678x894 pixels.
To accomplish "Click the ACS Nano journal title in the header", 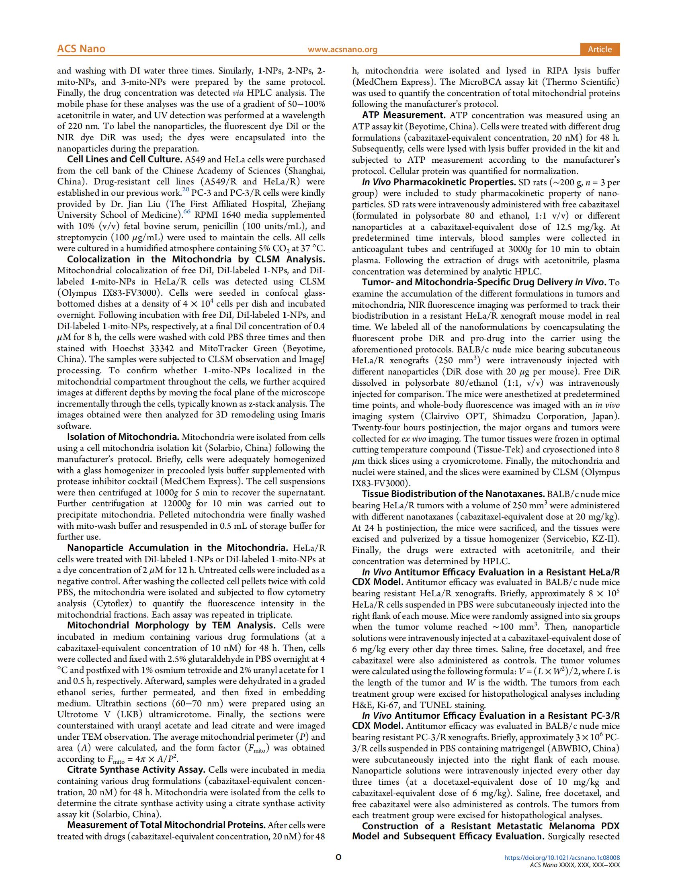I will pyautogui.click(x=81, y=49).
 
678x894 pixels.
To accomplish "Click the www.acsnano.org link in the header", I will pyautogui.click(x=342, y=49).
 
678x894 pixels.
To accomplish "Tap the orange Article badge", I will pyautogui.click(x=600, y=49).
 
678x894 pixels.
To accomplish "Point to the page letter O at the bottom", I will pyautogui.click(x=339, y=869).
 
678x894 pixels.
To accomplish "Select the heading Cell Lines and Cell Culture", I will pyautogui.click(x=124, y=159).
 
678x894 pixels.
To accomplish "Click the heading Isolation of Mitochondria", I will pyautogui.click(x=123, y=437).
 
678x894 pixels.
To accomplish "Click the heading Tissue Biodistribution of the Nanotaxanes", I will pyautogui.click(x=453, y=494).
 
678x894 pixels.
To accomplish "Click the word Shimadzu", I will pyautogui.click(x=512, y=416).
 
